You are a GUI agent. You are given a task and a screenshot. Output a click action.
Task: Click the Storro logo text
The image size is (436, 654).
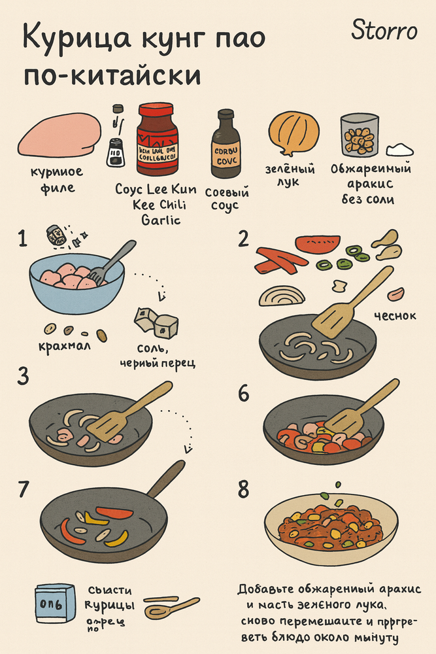click(x=384, y=30)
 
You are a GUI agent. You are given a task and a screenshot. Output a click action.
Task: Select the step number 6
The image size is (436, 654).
click(x=244, y=393)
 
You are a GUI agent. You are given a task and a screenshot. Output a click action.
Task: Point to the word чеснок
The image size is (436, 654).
click(x=395, y=316)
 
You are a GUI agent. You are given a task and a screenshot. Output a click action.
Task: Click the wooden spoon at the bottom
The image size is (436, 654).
click(x=171, y=608)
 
